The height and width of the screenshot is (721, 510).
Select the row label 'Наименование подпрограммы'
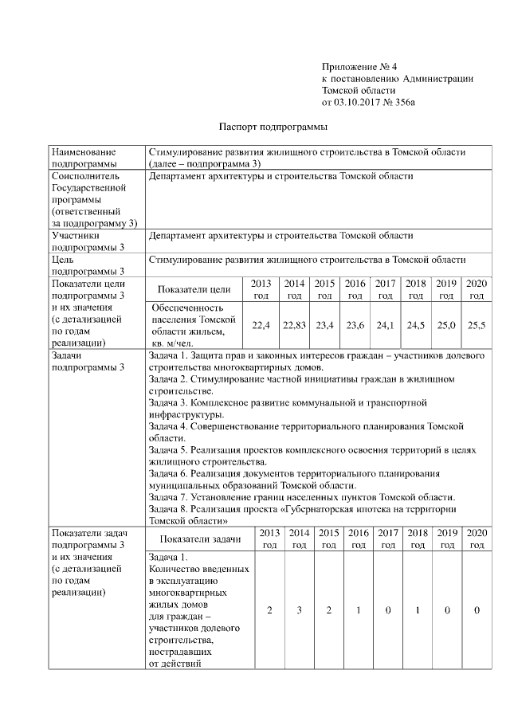pyautogui.click(x=84, y=157)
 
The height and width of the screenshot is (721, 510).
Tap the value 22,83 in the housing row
pyautogui.click(x=295, y=325)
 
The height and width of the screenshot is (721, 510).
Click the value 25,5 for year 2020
pyautogui.click(x=477, y=325)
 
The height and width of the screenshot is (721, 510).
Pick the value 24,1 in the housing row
pyautogui.click(x=386, y=325)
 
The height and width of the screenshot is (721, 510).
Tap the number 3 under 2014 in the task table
pyautogui.click(x=300, y=610)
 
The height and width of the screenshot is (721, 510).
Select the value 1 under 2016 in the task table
pyautogui.click(x=359, y=610)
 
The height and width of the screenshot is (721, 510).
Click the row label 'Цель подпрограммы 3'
pyautogui.click(x=88, y=264)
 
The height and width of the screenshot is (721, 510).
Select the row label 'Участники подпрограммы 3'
pyautogui.click(x=88, y=241)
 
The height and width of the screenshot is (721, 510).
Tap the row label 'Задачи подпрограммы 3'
pyautogui.click(x=88, y=362)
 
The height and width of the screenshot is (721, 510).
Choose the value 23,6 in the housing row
pyautogui.click(x=355, y=325)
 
